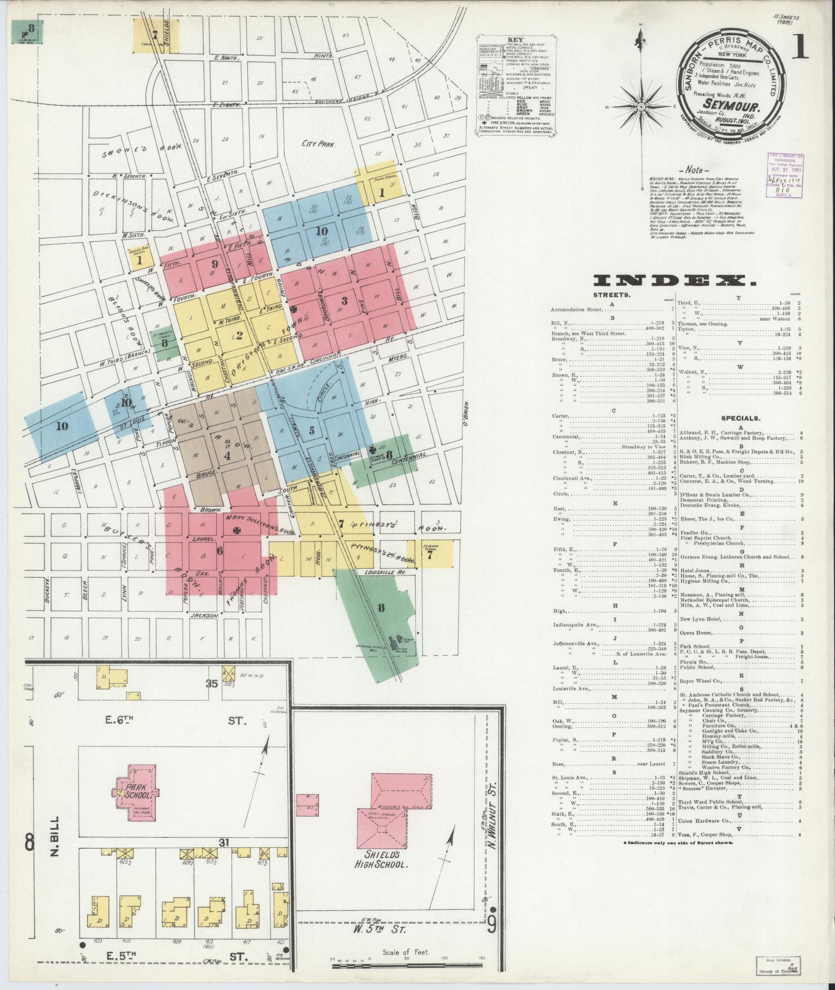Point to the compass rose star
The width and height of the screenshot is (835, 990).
(x=641, y=107)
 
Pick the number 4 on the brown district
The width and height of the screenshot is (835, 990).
(x=226, y=456)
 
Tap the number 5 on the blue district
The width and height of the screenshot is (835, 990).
(x=311, y=430)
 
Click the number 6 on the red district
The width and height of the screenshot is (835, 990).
(x=219, y=551)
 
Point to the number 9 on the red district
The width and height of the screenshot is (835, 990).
(x=214, y=264)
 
